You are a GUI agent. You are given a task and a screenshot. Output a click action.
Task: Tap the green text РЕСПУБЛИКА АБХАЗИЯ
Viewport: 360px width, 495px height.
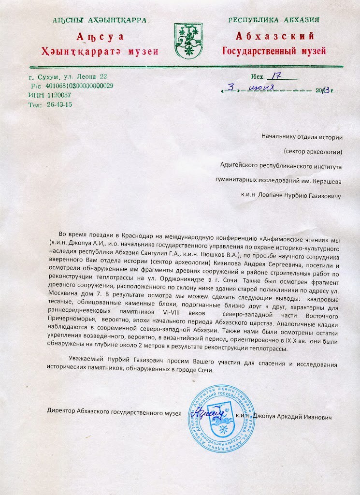pos(274,20)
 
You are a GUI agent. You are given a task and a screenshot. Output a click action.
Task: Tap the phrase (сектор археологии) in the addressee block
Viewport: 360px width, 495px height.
pos(313,152)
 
